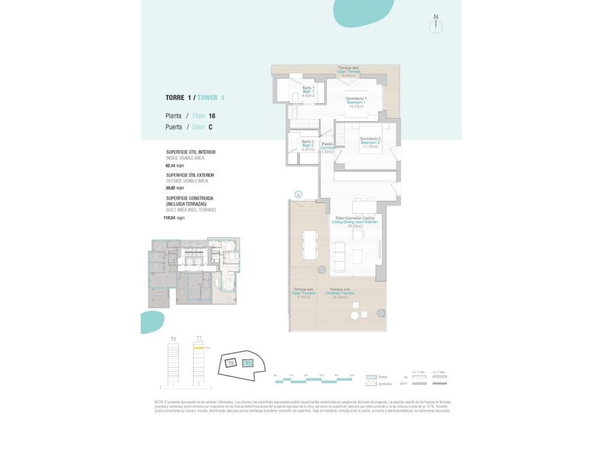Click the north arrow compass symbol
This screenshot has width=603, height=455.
436,25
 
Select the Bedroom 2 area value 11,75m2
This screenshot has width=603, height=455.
371,147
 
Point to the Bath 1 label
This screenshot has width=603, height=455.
308,92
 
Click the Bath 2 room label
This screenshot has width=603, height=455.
308,145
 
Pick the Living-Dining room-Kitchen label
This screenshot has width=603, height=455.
354,222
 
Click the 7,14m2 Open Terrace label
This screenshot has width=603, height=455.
303,294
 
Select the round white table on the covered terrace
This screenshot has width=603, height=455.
354,316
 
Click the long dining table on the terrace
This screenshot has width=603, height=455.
309,245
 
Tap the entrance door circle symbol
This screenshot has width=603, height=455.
299,195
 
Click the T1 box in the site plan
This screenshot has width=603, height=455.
248,363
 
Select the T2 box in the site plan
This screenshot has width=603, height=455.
230,363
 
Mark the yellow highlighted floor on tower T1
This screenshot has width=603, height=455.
199,348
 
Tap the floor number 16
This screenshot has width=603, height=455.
212,116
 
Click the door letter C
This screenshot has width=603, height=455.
211,127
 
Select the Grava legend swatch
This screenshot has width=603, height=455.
371,377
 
